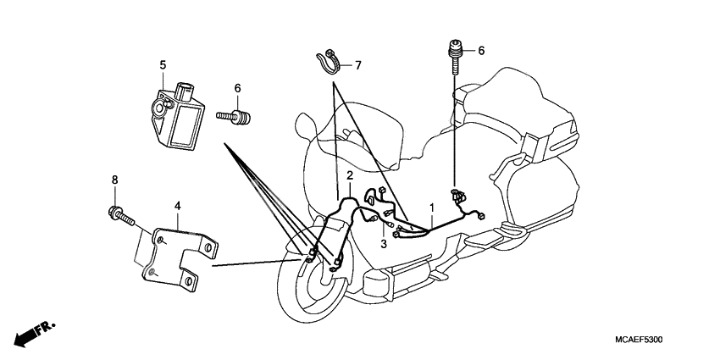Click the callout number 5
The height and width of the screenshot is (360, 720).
163,64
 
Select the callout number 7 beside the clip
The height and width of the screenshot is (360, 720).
357,65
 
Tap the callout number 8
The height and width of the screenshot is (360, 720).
115,180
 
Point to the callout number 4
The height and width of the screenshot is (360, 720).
178,205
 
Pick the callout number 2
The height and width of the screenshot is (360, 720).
349,175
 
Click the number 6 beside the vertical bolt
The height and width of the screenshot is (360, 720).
481,51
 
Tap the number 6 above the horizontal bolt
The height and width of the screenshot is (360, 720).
237,88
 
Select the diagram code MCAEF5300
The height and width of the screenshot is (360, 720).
632,339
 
